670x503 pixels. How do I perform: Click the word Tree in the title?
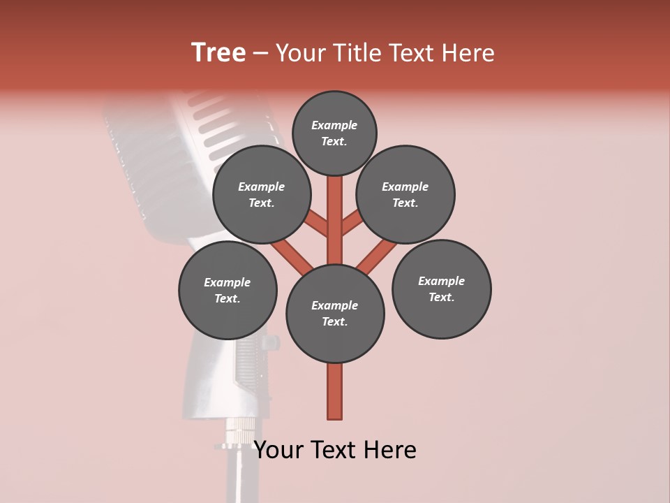coord(218,53)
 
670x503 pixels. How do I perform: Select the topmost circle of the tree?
coord(334,133)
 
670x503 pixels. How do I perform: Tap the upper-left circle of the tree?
coord(262,194)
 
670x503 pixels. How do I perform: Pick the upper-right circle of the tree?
coord(405,194)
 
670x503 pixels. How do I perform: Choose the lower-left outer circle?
coord(228,290)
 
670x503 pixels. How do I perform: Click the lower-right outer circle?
coord(442,289)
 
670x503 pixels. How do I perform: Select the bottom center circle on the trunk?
coord(335,314)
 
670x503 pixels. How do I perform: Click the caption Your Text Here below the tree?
coord(335,450)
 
